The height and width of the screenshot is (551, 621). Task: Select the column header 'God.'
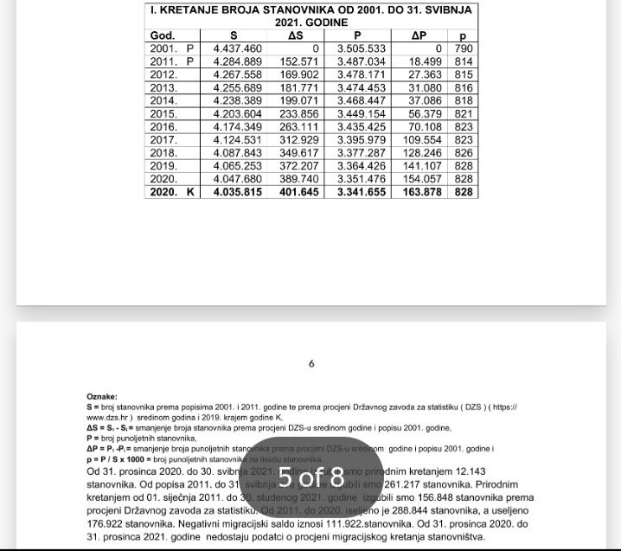tap(163, 35)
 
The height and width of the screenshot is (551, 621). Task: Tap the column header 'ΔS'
tap(294, 35)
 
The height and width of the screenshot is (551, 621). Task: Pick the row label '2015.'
tap(163, 113)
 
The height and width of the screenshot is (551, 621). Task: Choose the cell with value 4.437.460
tap(237, 48)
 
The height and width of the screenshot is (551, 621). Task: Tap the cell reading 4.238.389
tap(237, 100)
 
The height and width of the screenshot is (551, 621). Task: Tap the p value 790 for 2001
tap(464, 48)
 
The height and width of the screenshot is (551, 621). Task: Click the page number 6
tap(311, 364)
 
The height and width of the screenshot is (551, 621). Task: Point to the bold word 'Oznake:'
tap(102, 397)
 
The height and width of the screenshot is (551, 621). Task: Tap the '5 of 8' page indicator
tap(311, 477)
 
